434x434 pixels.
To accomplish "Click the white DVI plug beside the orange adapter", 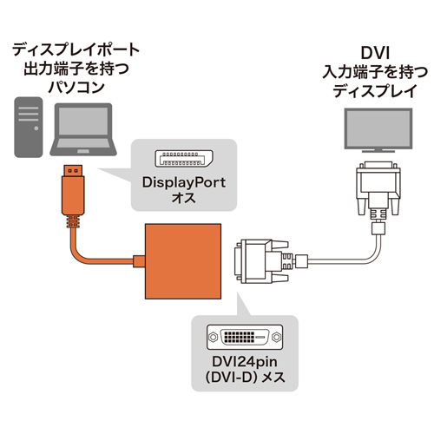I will [261, 260].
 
